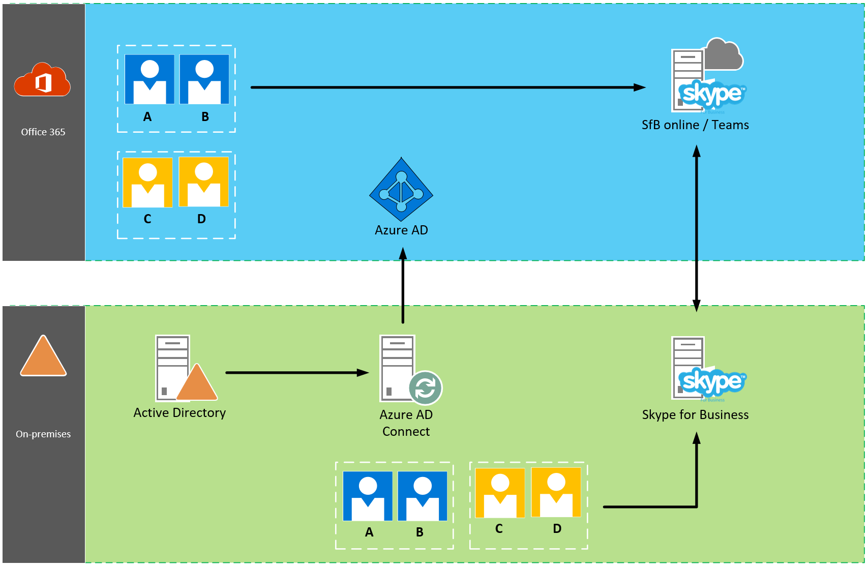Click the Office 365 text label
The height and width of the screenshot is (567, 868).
43,132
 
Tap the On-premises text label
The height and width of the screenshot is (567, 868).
43,434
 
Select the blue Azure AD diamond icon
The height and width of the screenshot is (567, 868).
401,189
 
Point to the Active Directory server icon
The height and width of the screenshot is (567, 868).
173,368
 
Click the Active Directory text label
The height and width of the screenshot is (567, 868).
179,412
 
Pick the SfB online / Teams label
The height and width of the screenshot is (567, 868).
695,125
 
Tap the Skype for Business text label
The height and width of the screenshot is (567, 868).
695,414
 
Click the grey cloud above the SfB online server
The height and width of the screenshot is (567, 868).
724,55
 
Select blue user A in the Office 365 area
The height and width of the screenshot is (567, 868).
149,79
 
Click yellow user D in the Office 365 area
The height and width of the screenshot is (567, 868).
204,182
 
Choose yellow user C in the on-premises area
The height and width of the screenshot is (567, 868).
500,493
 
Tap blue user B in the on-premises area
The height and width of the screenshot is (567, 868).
423,496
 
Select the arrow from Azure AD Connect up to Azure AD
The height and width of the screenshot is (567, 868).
403,285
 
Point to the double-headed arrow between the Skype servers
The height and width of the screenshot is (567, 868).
697,229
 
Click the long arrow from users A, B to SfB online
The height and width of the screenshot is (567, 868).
447,87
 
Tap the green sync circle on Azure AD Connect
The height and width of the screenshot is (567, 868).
426,388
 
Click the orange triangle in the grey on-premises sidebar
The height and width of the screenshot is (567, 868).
43,356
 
